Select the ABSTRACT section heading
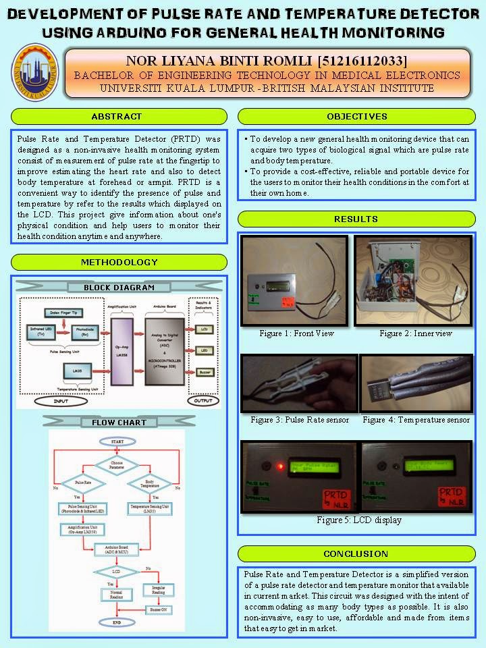coord(116,116)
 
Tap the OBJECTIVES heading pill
coord(357,116)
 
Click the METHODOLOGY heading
coord(119,262)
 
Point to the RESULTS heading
coord(356,219)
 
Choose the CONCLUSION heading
coord(356,553)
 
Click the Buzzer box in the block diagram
coord(204,372)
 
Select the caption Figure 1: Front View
coord(296,333)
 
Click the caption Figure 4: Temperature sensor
coord(416,420)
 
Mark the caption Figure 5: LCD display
coord(358,520)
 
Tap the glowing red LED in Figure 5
coord(279,466)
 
